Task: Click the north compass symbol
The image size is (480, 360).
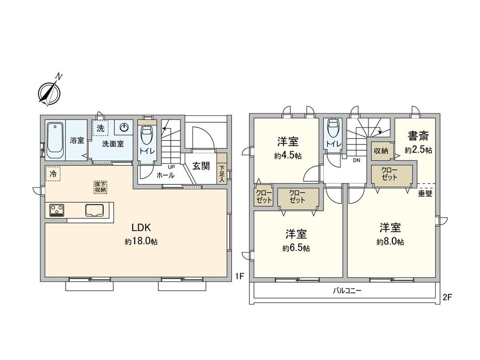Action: pyautogui.click(x=49, y=92)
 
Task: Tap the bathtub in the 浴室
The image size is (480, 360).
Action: pyautogui.click(x=56, y=140)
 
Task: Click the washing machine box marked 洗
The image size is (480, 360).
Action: pyautogui.click(x=100, y=128)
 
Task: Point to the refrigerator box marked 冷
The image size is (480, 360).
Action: pyautogui.click(x=53, y=174)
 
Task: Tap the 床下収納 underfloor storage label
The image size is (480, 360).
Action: pyautogui.click(x=100, y=187)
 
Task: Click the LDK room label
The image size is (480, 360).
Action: pyautogui.click(x=141, y=228)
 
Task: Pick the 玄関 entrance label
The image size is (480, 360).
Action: pyautogui.click(x=201, y=166)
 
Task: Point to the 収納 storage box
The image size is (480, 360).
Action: pyautogui.click(x=380, y=151)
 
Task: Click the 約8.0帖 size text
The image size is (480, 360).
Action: pyautogui.click(x=390, y=242)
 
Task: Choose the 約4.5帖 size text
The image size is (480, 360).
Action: pyautogui.click(x=288, y=156)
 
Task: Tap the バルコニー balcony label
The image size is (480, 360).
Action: pyautogui.click(x=347, y=292)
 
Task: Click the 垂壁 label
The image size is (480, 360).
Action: pyautogui.click(x=425, y=194)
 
